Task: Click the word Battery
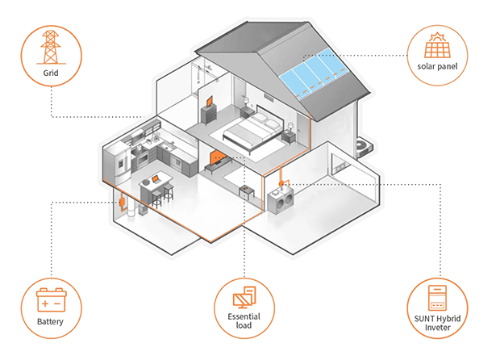pos(52,324)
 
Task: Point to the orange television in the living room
pos(217,156)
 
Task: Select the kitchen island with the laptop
pos(156,186)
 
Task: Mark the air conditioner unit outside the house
pos(364,145)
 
